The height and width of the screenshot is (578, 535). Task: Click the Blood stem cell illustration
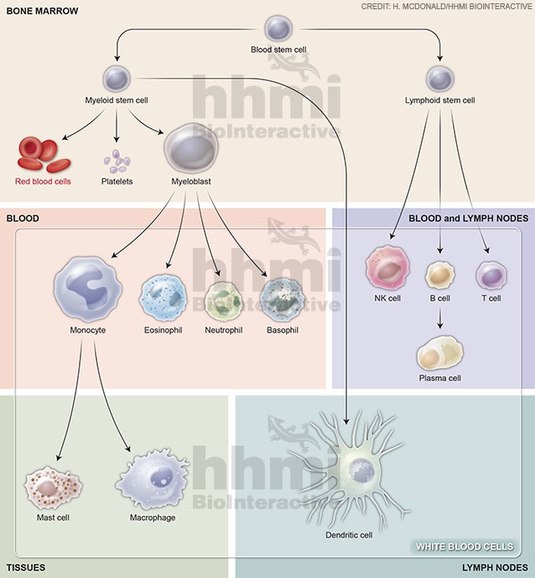pyautogui.click(x=279, y=28)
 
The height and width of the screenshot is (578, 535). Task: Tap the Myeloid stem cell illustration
pyautogui.click(x=116, y=80)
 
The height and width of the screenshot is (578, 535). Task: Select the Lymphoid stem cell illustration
pyautogui.click(x=439, y=80)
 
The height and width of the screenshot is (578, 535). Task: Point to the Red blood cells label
pyautogui.click(x=44, y=181)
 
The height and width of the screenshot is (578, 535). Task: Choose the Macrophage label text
pyautogui.click(x=153, y=518)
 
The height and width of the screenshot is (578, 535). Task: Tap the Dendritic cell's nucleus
pyautogui.click(x=361, y=470)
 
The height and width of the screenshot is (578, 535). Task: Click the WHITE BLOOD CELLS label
pyautogui.click(x=465, y=547)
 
